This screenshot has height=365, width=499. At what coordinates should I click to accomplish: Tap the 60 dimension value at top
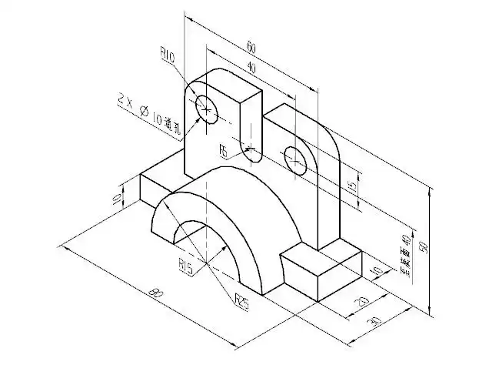251,48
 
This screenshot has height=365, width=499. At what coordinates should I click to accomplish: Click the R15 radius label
185,267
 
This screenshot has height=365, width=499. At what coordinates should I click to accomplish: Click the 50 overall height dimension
424,246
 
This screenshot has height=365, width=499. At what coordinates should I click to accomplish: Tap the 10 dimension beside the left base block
117,199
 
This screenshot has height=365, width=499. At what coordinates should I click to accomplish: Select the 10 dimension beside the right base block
376,271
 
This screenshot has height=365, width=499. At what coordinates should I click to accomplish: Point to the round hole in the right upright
295,158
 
